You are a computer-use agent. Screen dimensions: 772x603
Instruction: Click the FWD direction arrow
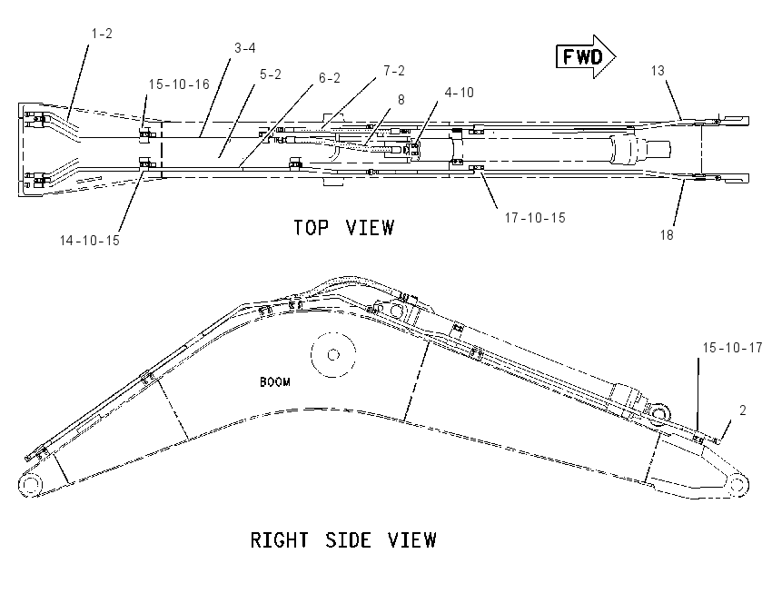click(586, 56)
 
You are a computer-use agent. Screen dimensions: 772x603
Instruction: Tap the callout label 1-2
click(102, 34)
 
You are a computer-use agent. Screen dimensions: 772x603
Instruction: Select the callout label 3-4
click(244, 48)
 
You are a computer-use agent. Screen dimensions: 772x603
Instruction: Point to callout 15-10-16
click(179, 84)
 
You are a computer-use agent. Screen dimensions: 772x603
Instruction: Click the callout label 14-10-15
click(90, 241)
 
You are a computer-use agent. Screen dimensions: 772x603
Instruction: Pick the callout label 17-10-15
click(535, 218)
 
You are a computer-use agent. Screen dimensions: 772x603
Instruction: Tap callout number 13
click(658, 71)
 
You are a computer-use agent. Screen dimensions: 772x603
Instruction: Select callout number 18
click(667, 235)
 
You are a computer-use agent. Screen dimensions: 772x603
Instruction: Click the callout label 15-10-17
click(732, 348)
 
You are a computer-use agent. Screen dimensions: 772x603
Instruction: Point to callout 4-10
click(459, 93)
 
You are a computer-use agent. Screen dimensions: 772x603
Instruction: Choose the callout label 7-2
click(394, 71)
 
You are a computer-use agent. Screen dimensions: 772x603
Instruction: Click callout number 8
click(401, 100)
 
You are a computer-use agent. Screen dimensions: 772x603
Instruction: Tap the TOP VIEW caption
click(343, 228)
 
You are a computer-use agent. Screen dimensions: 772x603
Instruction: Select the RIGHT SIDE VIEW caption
click(343, 540)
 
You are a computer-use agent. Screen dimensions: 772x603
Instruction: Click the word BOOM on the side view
click(274, 382)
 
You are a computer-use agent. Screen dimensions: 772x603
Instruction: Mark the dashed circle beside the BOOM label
click(333, 354)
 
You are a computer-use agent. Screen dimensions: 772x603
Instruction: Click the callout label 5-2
click(271, 74)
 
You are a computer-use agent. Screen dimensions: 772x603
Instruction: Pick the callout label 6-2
click(330, 78)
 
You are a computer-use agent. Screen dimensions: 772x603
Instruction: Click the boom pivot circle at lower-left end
click(31, 484)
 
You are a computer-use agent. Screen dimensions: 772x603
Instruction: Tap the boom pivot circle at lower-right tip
click(737, 484)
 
